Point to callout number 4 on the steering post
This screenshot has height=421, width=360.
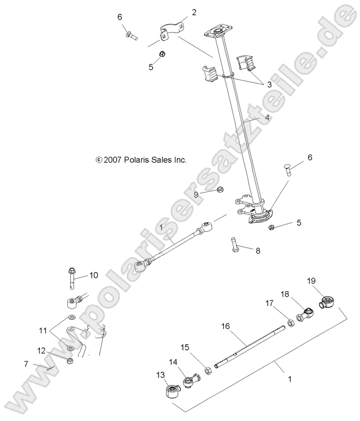[268, 117]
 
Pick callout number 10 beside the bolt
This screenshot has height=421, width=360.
[93, 275]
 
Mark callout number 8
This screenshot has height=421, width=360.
[258, 250]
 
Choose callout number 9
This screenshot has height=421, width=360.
[196, 195]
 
